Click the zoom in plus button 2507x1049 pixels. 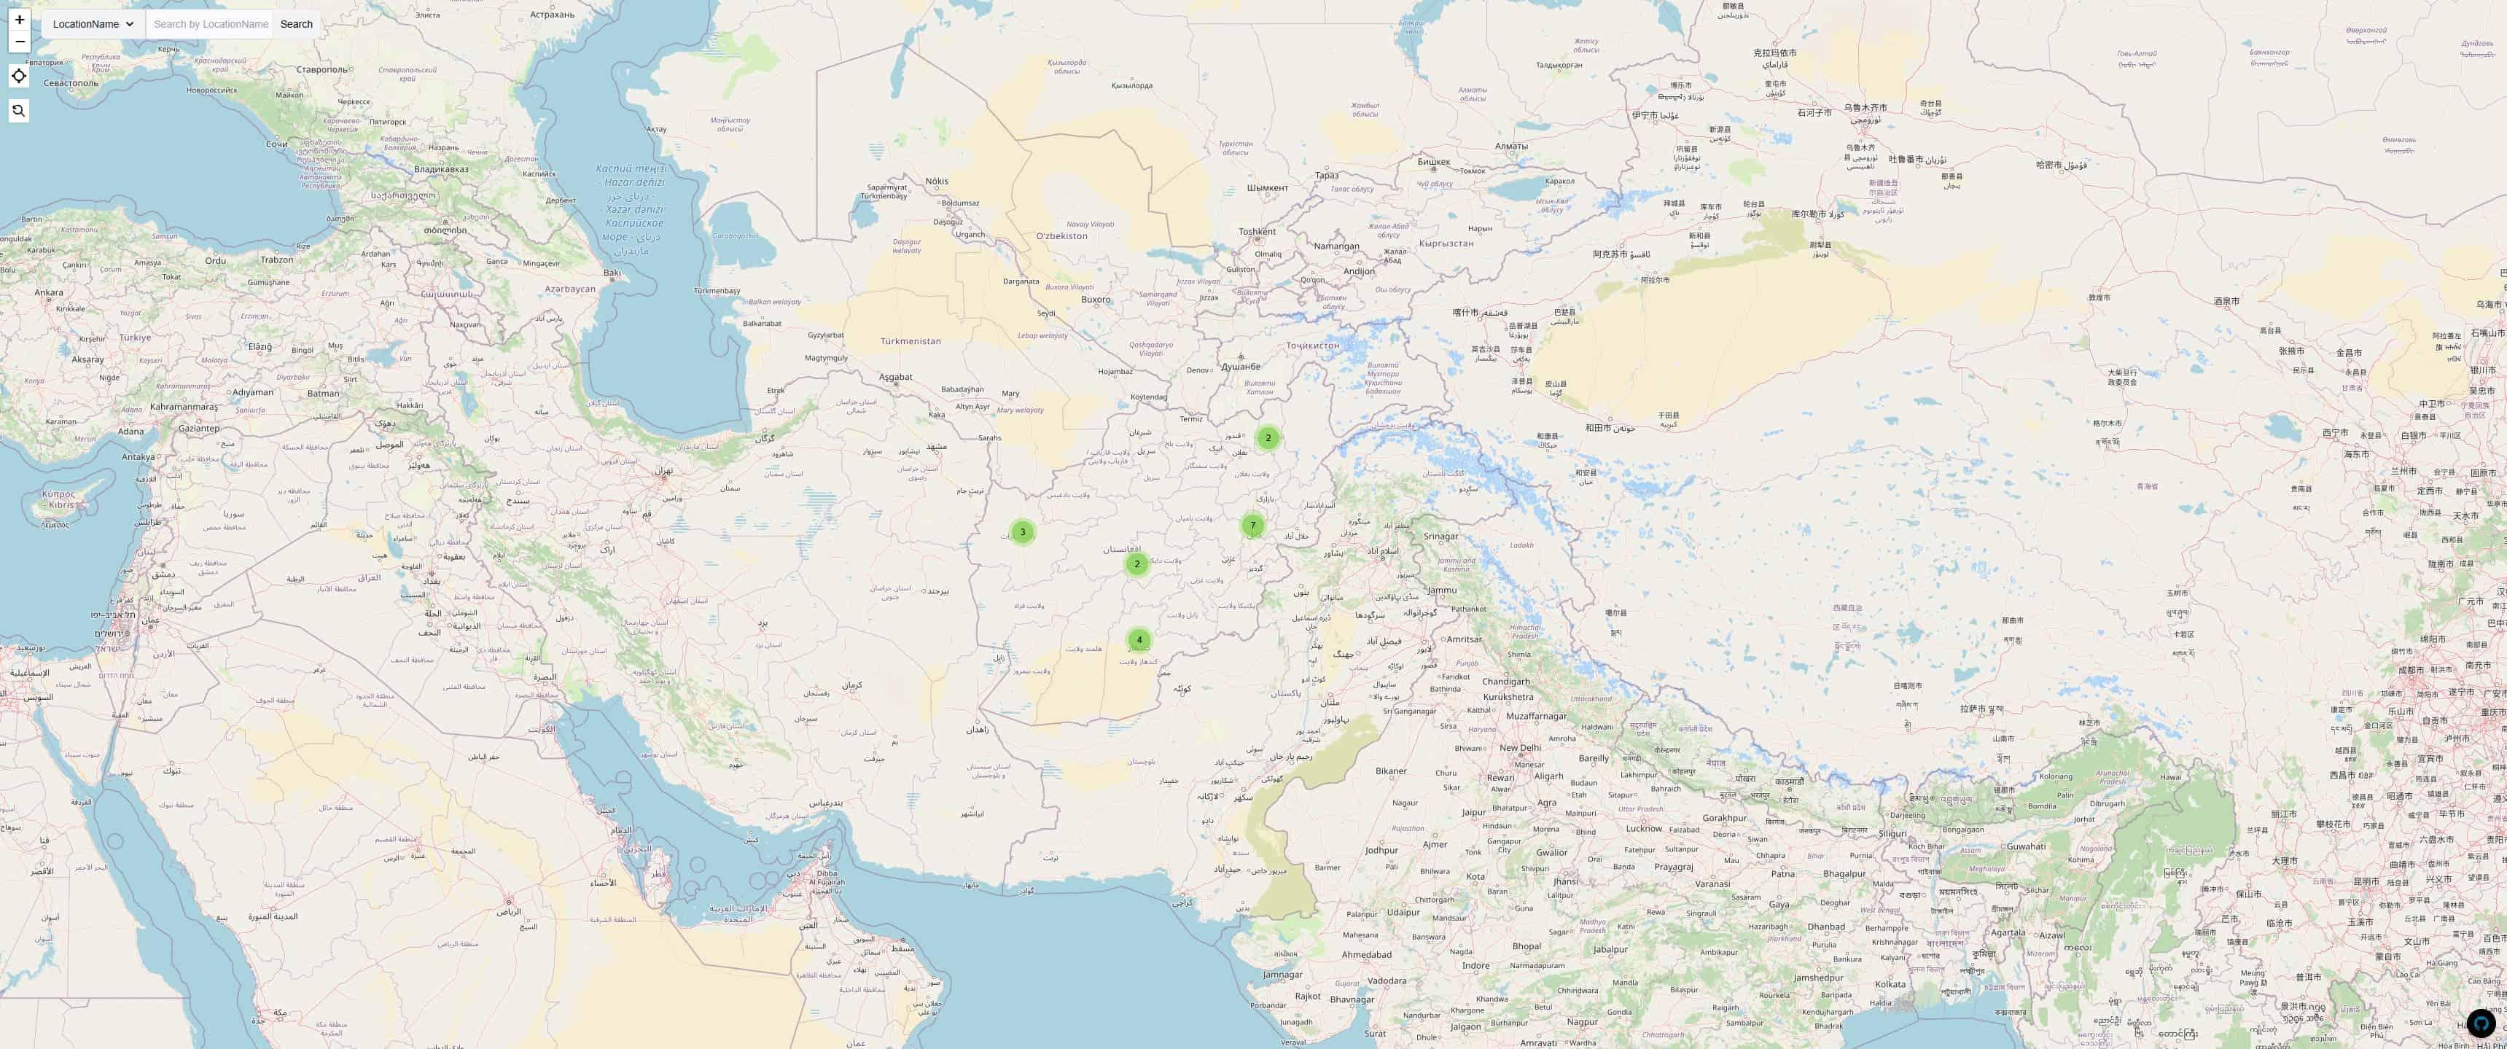coord(20,20)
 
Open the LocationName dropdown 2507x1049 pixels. coord(93,24)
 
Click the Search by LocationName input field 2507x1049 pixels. coord(210,24)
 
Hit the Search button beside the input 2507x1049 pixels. coord(296,24)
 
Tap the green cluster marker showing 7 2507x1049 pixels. coord(1252,526)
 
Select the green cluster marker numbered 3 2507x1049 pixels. coord(1022,532)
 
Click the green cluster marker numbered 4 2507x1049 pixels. coord(1139,640)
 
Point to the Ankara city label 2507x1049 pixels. coord(49,292)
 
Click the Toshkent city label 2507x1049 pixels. coord(1257,232)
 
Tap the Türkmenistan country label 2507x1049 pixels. coord(910,342)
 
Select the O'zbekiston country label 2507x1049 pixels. coord(1062,236)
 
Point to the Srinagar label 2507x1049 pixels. coord(1440,537)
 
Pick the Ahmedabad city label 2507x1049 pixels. coord(1366,955)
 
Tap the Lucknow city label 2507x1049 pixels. coord(1644,829)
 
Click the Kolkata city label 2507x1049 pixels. coord(1890,984)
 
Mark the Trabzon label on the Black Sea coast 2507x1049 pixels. coord(276,260)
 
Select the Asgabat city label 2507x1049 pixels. coord(895,378)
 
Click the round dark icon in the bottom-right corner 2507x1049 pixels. coord(2481,1023)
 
